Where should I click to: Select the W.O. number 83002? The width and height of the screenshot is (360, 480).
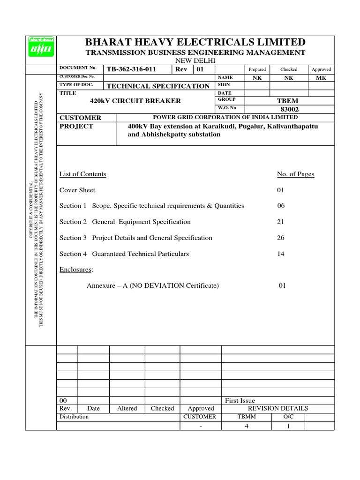coord(289,109)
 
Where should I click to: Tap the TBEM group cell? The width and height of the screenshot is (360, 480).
coord(289,101)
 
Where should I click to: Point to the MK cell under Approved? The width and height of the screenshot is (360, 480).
coord(322,78)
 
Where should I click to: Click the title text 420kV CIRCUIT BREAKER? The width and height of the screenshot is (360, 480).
coord(135,101)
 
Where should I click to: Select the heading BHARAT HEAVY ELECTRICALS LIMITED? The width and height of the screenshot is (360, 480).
coord(195,42)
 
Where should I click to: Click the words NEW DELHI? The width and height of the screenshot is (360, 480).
coord(195,61)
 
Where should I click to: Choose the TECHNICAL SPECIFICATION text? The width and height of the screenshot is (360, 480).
coord(158,86)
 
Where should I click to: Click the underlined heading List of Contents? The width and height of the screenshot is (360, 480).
coord(83,174)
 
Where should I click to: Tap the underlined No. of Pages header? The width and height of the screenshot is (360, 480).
coord(296,174)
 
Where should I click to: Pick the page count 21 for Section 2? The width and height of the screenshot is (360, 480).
coord(281,222)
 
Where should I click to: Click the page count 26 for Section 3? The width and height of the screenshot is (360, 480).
coord(281,238)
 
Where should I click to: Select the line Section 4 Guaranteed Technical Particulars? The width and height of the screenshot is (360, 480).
coord(124,254)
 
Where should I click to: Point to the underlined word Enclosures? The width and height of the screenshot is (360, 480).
coord(76,270)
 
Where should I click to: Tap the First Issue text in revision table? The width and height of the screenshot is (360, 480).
coord(240,400)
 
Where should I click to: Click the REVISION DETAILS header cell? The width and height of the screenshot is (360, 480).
coord(278,408)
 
